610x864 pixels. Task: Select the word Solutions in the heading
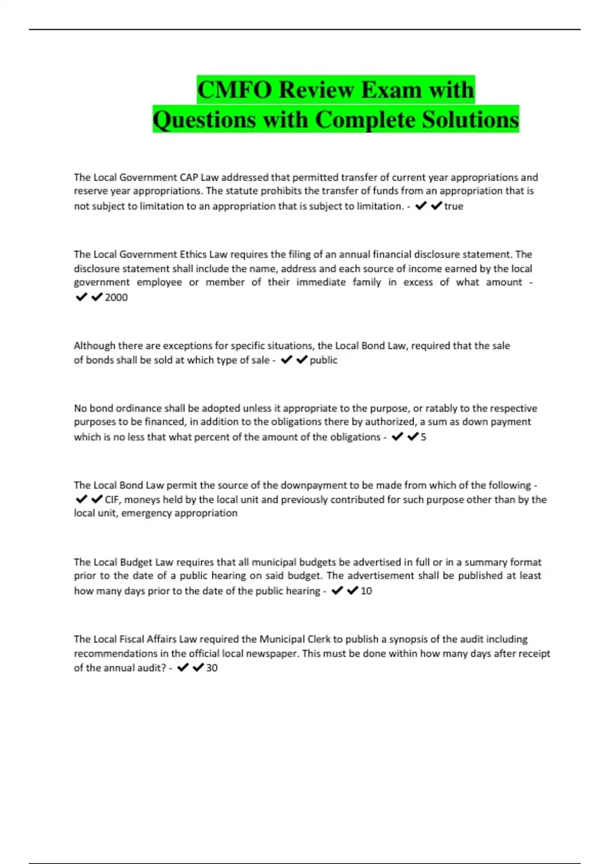(x=470, y=120)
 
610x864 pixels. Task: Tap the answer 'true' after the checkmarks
(x=453, y=206)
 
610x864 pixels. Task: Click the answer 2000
(x=116, y=297)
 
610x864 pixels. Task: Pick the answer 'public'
(x=323, y=360)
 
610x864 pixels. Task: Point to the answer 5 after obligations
(x=423, y=437)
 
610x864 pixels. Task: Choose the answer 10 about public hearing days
(x=366, y=591)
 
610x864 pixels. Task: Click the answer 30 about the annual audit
(x=211, y=668)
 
